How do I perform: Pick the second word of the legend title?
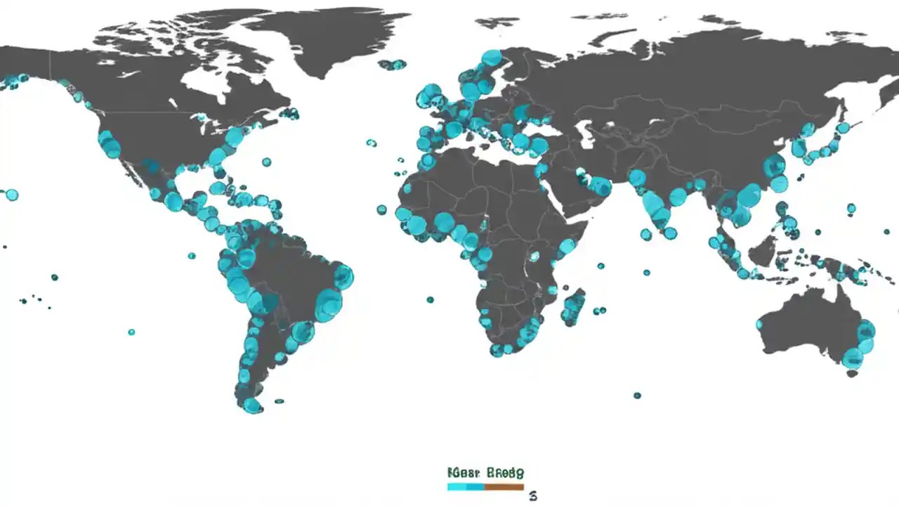[505, 473]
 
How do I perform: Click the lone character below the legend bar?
[533, 496]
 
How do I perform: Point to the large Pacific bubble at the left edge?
[12, 195]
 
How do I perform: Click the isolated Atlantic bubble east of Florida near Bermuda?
[266, 162]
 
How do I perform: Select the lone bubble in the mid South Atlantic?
[430, 300]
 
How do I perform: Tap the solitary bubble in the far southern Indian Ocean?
[637, 396]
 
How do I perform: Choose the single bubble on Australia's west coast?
[759, 325]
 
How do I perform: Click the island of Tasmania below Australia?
[852, 374]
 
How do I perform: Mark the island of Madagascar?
[574, 306]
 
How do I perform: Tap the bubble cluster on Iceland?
[393, 65]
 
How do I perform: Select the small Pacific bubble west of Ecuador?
[191, 255]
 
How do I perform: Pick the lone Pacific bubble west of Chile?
[131, 332]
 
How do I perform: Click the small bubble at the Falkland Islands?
[280, 401]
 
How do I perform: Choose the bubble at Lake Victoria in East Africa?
[535, 257]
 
